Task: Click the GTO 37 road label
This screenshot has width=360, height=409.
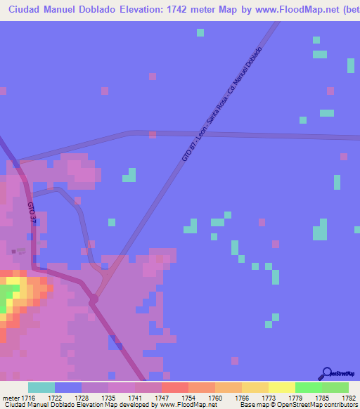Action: [32, 213]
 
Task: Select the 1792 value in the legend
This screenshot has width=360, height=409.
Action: [347, 398]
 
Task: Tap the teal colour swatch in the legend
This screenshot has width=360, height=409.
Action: [41, 387]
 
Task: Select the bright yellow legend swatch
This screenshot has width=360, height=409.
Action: [282, 387]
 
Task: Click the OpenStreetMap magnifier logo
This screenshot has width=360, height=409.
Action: [327, 374]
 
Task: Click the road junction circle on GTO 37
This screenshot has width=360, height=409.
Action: [94, 300]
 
